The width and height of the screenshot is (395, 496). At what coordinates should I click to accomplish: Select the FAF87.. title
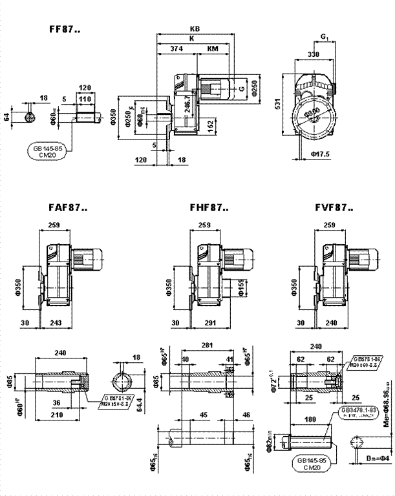[x=67, y=208]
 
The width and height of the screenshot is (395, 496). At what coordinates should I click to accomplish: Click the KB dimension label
[x=195, y=29]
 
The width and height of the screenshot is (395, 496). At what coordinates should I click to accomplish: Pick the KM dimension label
[x=213, y=48]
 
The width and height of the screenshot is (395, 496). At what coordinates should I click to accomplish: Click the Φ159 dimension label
[x=240, y=286]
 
